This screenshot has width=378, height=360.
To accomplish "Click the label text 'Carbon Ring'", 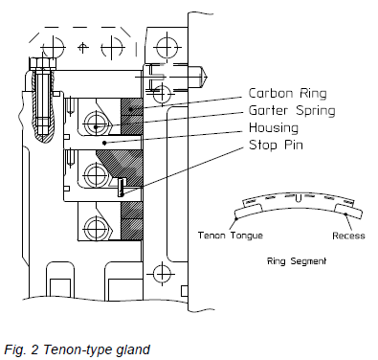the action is (x=287, y=94).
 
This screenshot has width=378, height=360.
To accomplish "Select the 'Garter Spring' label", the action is (x=292, y=111).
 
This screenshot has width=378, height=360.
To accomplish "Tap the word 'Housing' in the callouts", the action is (x=274, y=128).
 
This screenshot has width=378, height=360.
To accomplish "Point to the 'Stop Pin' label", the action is (x=276, y=145).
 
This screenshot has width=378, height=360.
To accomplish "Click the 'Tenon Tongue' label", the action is (x=231, y=236).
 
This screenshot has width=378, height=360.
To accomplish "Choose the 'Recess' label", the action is (x=348, y=236).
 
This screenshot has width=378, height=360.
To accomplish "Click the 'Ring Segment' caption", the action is (x=297, y=261).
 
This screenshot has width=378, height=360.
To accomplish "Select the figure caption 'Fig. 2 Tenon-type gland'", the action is (x=78, y=349).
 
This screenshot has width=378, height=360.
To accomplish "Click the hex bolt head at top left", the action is (x=43, y=63).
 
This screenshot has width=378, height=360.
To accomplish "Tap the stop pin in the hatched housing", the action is (x=121, y=188).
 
